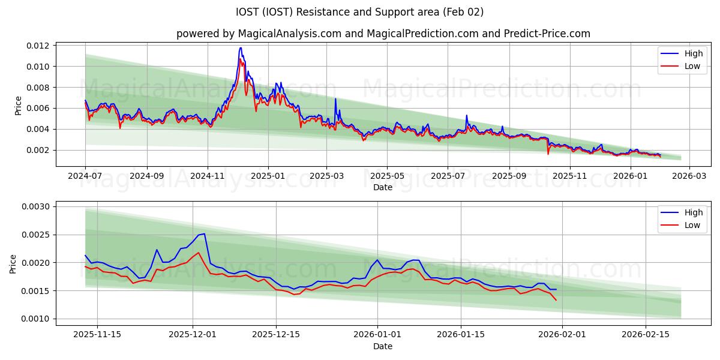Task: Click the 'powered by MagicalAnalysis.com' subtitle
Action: [383, 34]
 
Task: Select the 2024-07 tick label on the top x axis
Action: [85, 176]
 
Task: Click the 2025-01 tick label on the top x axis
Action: [268, 176]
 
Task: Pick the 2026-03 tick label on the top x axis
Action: [689, 176]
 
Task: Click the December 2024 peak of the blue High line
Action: [241, 48]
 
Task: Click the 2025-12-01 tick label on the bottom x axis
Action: [193, 335]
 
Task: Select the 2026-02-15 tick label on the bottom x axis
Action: [645, 335]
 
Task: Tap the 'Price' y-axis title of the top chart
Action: [19, 106]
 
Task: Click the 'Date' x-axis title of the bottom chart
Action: [383, 346]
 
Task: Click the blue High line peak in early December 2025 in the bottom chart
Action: [204, 234]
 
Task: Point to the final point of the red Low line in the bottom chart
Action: [556, 300]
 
